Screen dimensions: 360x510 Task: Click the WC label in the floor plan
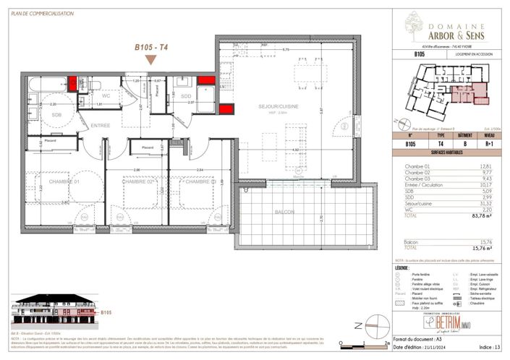click(106, 95)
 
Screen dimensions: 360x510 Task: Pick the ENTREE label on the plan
click(100, 126)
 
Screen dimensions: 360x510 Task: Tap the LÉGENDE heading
click(407, 268)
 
